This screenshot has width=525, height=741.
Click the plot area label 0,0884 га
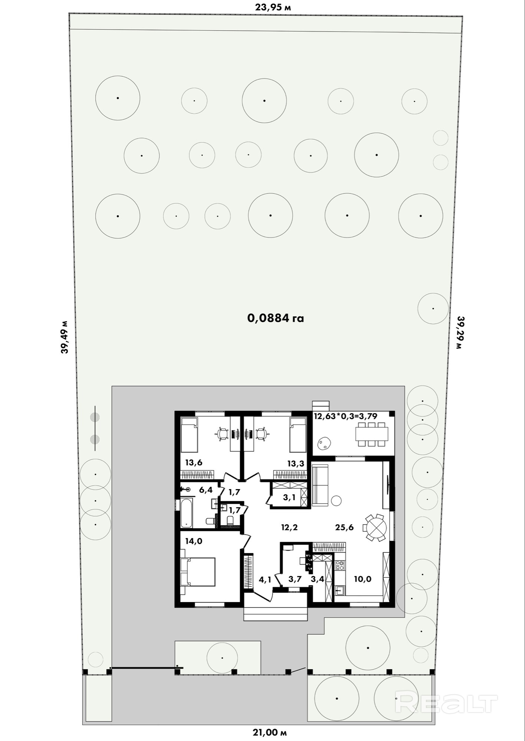[x=275, y=318]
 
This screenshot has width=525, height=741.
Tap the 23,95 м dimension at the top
[x=273, y=7]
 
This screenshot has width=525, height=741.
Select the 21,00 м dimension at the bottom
[x=270, y=732]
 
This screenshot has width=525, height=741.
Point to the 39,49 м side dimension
[x=65, y=337]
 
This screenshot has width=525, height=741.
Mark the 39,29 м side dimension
[x=460, y=332]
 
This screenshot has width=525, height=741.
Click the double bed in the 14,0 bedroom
[x=198, y=572]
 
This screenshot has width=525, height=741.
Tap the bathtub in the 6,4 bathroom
[x=187, y=513]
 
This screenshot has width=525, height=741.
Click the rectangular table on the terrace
[x=372, y=433]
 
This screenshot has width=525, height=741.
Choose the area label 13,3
[x=296, y=463]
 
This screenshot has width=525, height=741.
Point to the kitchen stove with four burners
[x=340, y=565]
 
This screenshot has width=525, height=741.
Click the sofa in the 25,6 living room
[x=320, y=485]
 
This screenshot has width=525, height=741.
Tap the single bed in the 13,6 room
[x=189, y=435]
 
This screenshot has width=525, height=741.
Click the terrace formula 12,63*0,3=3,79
[x=345, y=416]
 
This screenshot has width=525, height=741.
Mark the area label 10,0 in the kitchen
[x=362, y=579]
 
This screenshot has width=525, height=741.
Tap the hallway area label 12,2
[x=289, y=527]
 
